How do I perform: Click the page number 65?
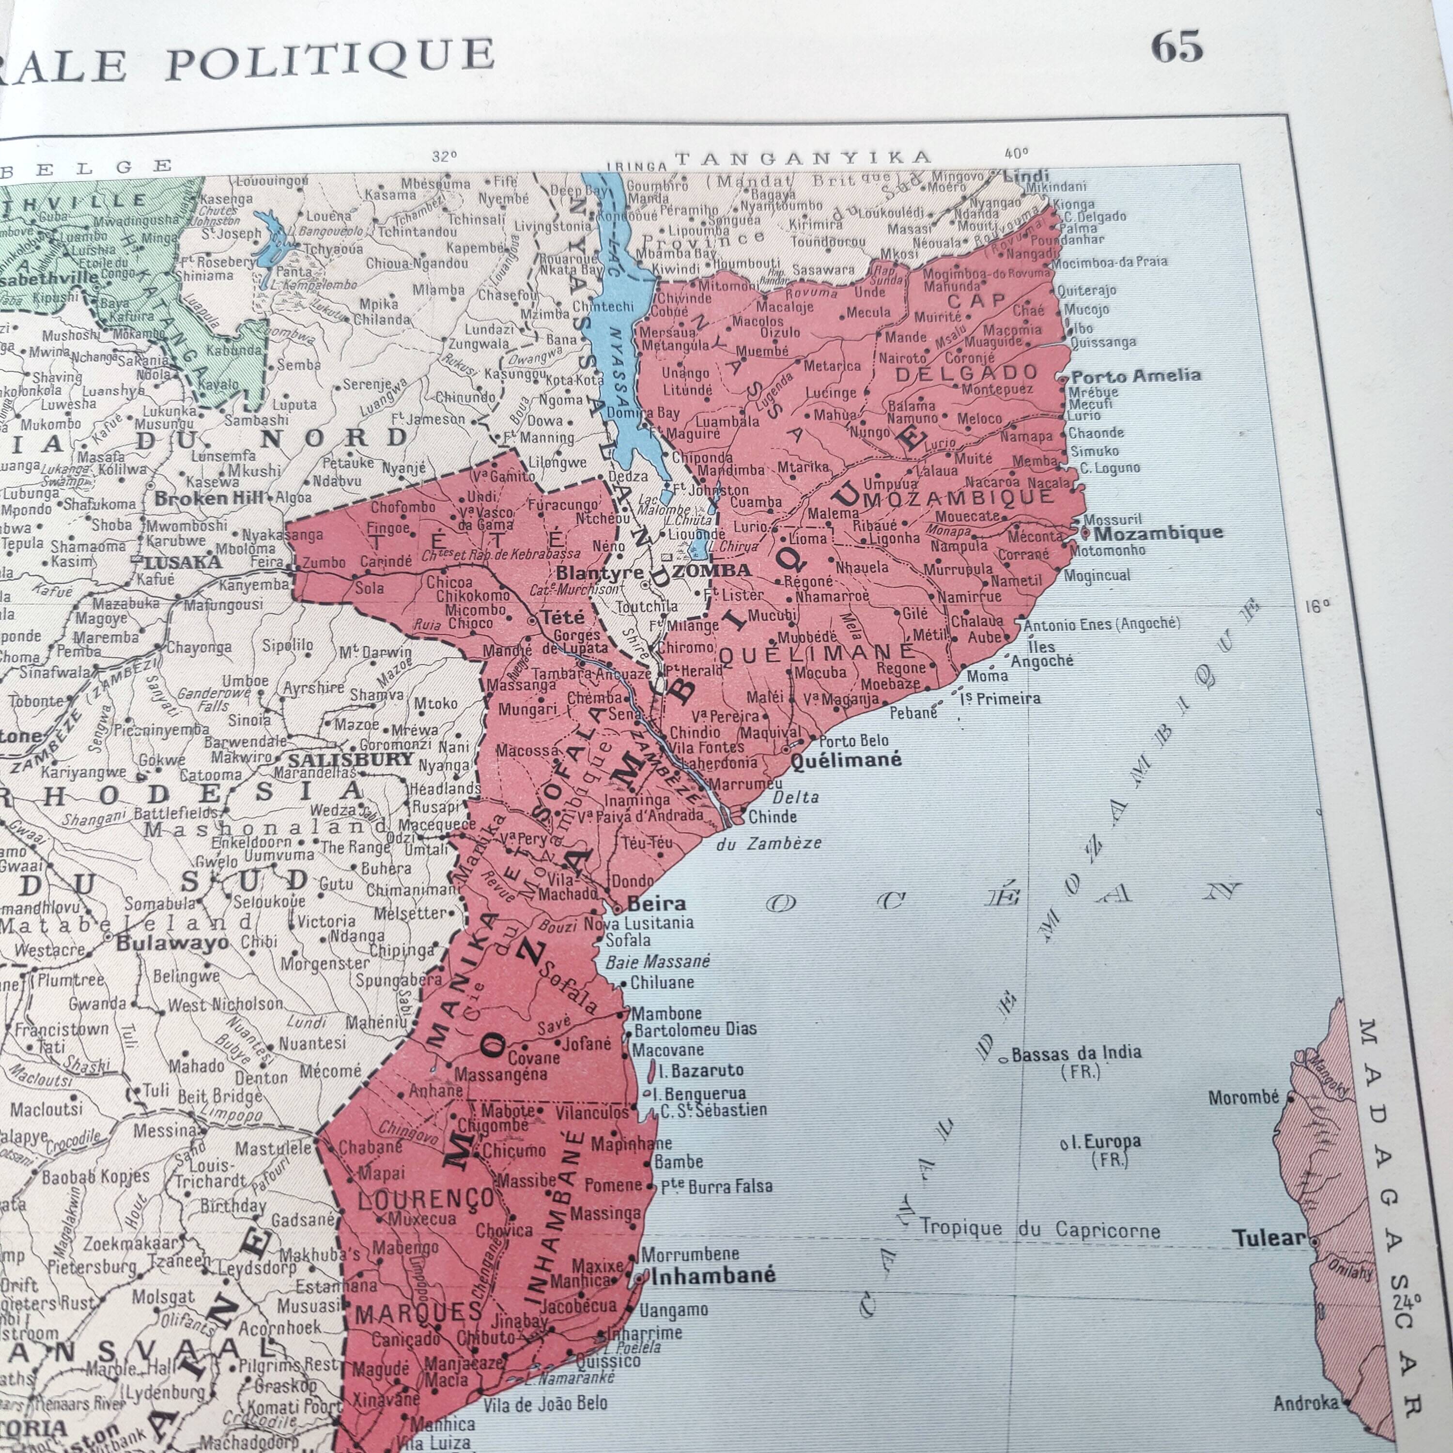tap(1177, 46)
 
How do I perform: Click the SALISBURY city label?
tap(351, 759)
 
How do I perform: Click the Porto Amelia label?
tap(1136, 375)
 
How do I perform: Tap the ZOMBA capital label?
tap(711, 570)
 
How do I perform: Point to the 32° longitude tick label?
tap(445, 156)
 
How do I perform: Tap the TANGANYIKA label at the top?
tap(803, 157)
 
